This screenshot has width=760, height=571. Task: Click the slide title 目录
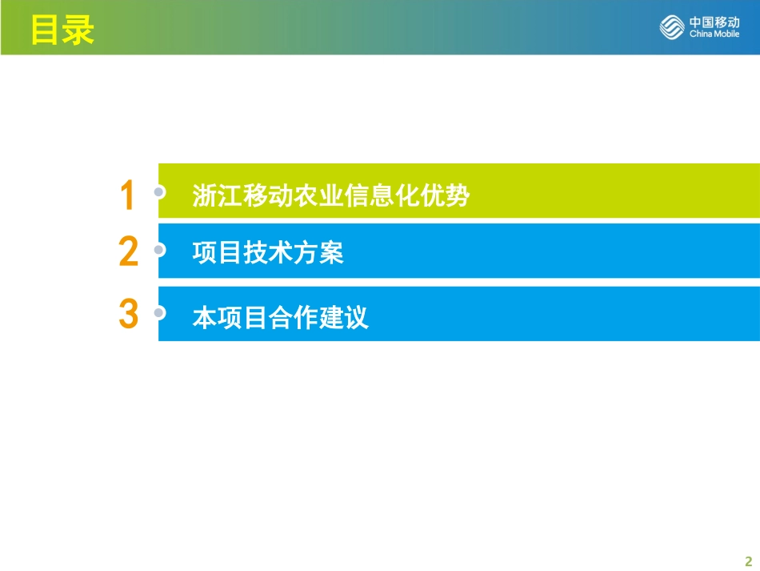[62, 30]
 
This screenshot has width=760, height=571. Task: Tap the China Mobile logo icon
[673, 27]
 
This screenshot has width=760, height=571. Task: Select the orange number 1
[127, 196]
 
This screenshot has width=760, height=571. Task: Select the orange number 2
[128, 252]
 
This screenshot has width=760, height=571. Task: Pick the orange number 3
[128, 314]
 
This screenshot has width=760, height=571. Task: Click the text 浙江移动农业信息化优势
[330, 196]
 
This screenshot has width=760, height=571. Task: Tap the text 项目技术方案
[268, 253]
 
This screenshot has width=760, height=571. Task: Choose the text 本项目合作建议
[280, 317]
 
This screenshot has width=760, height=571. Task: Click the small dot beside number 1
[159, 192]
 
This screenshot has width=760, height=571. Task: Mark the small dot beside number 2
[159, 250]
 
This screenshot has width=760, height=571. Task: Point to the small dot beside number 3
[159, 312]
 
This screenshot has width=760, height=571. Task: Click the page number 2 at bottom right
[749, 560]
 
